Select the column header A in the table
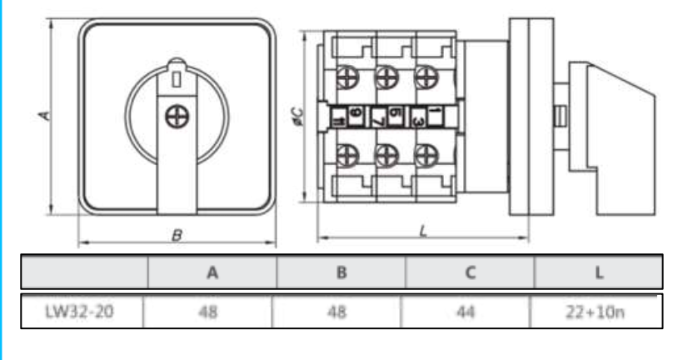tap(212, 272)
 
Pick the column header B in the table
tap(342, 272)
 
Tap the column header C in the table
tap(470, 272)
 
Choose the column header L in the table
tap(599, 272)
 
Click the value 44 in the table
tap(470, 312)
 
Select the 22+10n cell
tap(599, 312)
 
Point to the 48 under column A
tap(212, 312)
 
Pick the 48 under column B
tap(342, 312)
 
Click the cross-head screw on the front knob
tap(176, 117)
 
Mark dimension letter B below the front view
tap(176, 236)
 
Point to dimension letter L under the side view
tap(423, 232)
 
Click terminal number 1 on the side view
tap(438, 112)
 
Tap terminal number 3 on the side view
tap(418, 122)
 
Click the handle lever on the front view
tap(176, 167)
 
